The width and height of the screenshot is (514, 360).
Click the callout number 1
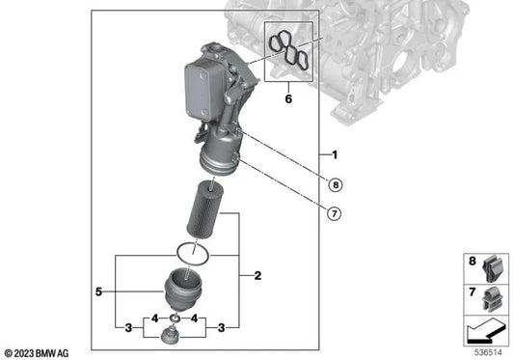tap(334, 155)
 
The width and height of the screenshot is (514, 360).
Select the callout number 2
tap(257, 277)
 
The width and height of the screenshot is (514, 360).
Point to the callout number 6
tap(287, 98)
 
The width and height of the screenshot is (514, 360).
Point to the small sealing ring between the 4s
tap(175, 318)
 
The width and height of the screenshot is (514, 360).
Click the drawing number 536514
tap(487, 351)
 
